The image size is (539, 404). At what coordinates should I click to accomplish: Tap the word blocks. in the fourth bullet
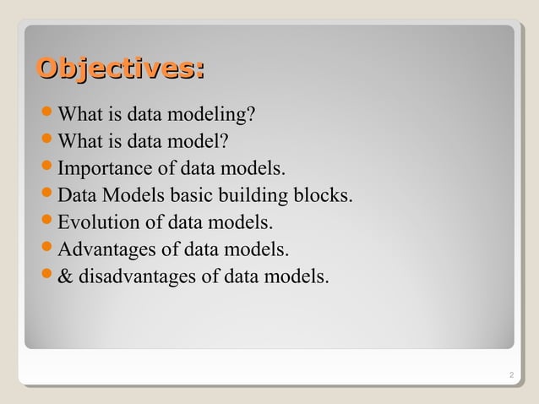324,196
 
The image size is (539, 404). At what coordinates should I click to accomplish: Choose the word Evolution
95,223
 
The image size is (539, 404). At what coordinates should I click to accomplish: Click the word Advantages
102,250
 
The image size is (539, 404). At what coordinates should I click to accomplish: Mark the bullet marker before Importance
47,168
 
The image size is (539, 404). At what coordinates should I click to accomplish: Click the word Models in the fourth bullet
133,196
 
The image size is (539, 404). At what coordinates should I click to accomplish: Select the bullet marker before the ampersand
47,276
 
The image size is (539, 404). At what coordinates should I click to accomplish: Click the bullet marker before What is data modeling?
47,114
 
